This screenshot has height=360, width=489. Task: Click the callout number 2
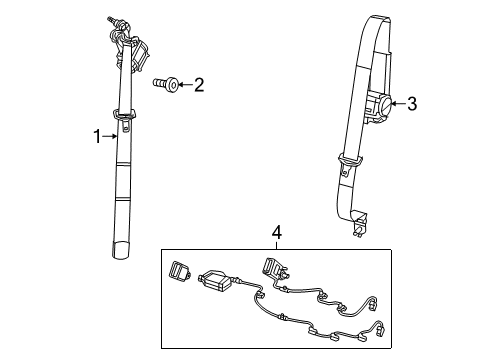[198, 86]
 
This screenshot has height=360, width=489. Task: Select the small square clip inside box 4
[180, 270]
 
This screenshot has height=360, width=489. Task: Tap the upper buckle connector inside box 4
[269, 268]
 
